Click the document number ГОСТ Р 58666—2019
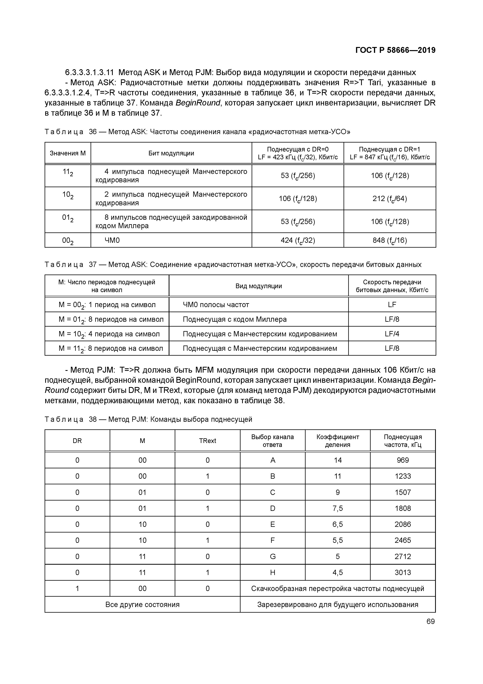pos(395,50)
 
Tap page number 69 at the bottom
pos(430,621)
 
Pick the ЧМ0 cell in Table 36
pos(112,240)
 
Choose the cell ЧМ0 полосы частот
pos(216,305)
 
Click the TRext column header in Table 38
pos(207,441)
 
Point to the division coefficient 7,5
pos(338,508)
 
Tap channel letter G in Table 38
pos(273,556)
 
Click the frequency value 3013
pos(403,573)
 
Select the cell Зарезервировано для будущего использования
pos(338,604)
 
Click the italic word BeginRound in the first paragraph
pos(198,103)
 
